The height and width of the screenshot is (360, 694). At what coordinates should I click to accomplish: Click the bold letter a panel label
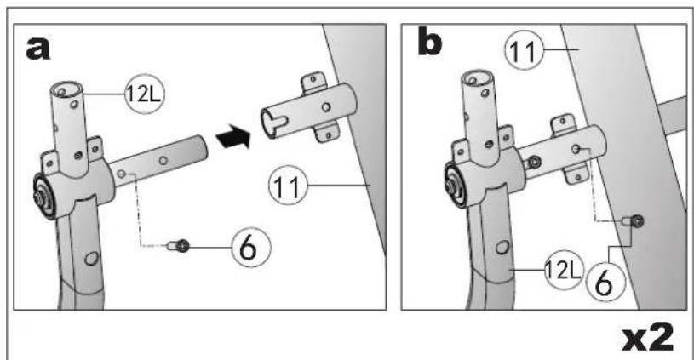[38, 49]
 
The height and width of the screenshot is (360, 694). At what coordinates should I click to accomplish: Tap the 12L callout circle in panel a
[144, 94]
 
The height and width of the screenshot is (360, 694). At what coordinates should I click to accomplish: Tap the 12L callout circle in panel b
[564, 269]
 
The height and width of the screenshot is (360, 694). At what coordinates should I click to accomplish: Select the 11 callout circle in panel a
[288, 186]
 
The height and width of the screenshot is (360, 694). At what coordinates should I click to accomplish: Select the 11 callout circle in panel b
[525, 50]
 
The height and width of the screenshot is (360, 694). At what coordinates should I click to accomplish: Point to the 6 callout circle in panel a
[251, 248]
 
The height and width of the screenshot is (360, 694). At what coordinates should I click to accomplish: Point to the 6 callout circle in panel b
[605, 282]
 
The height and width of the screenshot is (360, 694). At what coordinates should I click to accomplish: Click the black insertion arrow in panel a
[233, 136]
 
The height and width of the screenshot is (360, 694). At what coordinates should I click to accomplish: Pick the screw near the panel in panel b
[634, 220]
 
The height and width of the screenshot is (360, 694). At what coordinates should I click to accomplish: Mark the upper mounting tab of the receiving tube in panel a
[313, 82]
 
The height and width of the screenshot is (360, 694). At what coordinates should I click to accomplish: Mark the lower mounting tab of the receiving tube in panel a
[327, 133]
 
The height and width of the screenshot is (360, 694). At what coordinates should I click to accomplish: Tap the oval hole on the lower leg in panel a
[92, 258]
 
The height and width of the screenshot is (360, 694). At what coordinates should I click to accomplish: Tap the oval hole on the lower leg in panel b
[502, 247]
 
